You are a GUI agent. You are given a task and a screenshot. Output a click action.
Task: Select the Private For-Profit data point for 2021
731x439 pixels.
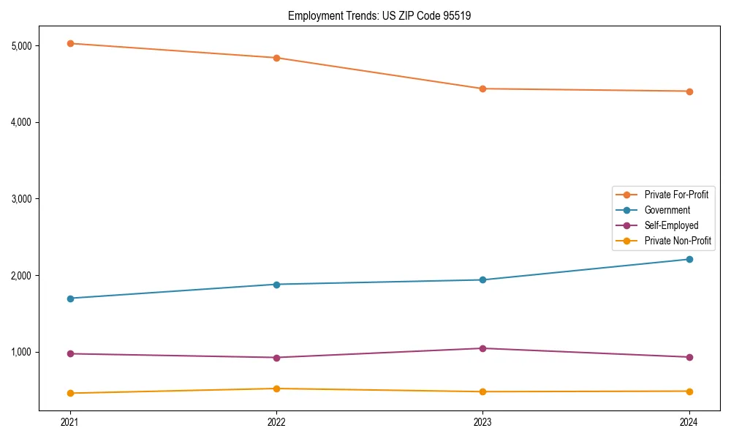[x=70, y=44]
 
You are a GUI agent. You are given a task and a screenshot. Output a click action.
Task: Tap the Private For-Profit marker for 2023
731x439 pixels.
[x=482, y=89]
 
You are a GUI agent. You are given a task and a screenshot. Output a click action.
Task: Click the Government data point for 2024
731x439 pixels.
[x=689, y=259]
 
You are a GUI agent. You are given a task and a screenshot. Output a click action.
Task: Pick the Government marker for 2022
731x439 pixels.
[x=276, y=285]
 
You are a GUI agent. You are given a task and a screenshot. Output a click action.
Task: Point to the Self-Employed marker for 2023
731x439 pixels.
[x=482, y=348]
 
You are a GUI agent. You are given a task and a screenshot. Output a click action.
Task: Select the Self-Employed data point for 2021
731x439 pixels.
[x=70, y=353]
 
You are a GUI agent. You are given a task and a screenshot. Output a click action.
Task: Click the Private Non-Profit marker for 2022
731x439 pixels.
[x=276, y=389]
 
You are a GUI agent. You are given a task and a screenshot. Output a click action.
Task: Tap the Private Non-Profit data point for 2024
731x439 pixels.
[x=689, y=391]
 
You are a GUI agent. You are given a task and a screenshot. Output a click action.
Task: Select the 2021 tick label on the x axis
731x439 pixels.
[x=70, y=422]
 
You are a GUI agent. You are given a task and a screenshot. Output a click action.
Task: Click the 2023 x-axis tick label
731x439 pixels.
[x=482, y=422]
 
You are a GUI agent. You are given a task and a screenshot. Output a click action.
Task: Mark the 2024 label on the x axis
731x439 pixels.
[x=689, y=422]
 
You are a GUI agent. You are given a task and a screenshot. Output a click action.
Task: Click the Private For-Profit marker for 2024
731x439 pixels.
[x=689, y=91]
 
